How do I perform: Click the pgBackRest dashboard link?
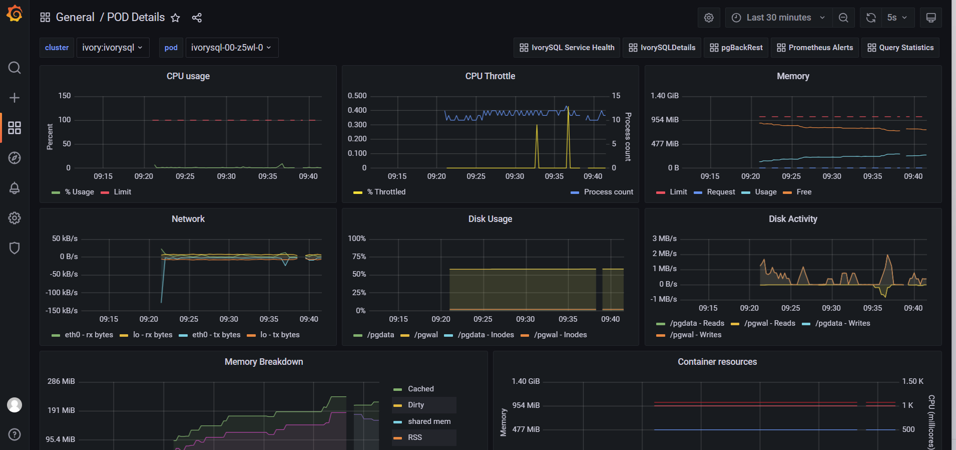[736, 48]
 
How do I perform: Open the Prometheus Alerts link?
[814, 48]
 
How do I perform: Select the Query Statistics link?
[900, 48]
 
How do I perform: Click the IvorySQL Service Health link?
[567, 48]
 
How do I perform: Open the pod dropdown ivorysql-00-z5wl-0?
[231, 48]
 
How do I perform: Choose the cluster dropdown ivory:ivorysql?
[113, 48]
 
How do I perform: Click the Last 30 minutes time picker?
[778, 18]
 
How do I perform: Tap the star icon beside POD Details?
[175, 18]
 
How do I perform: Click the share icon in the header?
[197, 18]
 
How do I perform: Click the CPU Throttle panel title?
[490, 76]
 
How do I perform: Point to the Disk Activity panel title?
[793, 219]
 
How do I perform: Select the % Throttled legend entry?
[386, 192]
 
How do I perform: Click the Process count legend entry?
[608, 192]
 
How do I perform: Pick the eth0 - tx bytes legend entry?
[216, 335]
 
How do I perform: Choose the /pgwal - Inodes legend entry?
[560, 335]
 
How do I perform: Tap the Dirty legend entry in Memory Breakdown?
[415, 405]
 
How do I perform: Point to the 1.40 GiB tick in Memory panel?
[664, 96]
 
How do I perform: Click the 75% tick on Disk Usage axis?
[359, 257]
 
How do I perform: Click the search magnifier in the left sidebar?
[15, 68]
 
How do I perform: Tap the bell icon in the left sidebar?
[15, 188]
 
